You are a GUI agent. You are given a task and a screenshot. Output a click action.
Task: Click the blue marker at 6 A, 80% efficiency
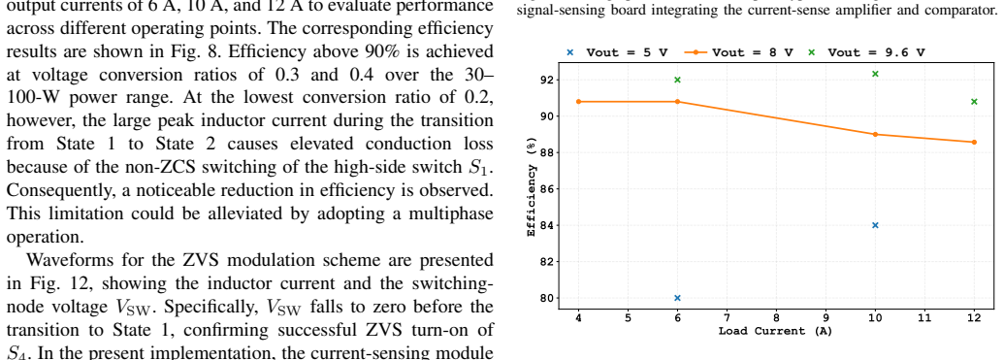click(677, 298)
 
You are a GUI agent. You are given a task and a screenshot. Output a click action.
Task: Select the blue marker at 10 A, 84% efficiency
click(875, 225)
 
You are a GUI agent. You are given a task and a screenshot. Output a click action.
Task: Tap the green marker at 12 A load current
click(974, 101)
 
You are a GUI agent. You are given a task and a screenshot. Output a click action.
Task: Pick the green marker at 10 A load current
click(875, 75)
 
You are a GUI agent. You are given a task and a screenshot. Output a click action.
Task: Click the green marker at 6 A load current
click(677, 80)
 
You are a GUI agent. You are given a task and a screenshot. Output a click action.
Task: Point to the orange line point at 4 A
click(579, 101)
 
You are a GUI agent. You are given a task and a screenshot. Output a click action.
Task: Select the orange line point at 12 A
click(974, 143)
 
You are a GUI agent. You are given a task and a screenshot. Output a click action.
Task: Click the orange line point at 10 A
click(875, 134)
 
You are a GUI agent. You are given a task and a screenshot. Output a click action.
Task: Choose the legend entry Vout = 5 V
click(617, 52)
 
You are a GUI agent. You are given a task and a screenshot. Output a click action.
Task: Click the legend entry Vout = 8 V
click(739, 52)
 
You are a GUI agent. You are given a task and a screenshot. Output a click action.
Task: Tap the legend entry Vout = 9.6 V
click(866, 52)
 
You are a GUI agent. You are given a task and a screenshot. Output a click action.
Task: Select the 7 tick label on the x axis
click(727, 317)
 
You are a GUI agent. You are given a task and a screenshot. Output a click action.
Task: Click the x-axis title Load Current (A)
click(775, 331)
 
